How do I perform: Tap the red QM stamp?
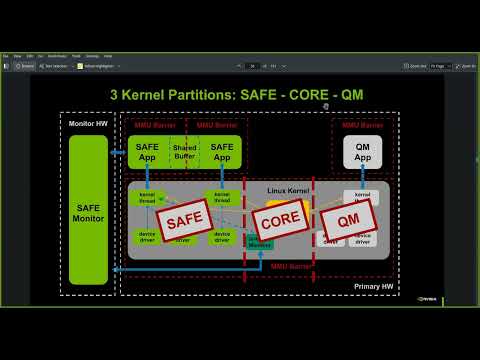point(349,217)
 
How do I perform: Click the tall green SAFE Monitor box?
point(88,210)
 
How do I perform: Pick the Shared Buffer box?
point(185,151)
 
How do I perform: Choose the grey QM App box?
point(362,152)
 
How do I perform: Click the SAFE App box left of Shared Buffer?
point(147,152)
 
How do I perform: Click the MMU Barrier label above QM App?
point(362,125)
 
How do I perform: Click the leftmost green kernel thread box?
point(147,197)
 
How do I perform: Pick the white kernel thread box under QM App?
point(361,197)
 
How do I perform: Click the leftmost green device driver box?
point(147,236)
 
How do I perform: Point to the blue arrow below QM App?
point(362,176)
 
